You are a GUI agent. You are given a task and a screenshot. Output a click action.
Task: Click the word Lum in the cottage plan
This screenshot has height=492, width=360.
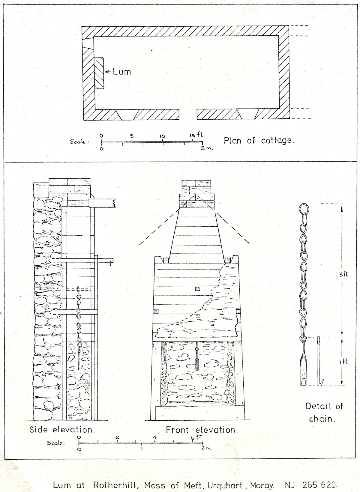coord(122,72)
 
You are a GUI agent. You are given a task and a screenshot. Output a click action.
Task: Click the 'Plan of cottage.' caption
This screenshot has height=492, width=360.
coord(259,141)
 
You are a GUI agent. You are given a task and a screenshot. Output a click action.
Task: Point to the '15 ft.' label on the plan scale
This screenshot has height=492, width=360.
coord(197,135)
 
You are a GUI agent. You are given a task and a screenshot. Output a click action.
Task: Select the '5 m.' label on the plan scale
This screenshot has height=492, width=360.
coord(207,148)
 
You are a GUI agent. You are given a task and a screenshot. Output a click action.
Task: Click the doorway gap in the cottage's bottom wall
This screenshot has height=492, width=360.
coord(188,114)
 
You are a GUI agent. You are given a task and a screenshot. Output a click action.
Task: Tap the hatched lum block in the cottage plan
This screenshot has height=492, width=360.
coord(99,73)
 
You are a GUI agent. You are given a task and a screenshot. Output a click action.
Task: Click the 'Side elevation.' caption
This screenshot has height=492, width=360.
coord(62,429)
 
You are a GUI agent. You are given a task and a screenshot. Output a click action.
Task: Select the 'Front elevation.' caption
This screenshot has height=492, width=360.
coord(202,430)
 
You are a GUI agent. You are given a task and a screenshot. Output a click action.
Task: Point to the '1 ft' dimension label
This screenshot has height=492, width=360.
coord(344,361)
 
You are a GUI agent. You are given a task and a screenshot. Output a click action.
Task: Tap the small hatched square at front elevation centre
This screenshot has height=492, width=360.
coord(197,289)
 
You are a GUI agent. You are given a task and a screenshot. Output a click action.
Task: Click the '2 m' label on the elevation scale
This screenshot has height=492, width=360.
coord(206,448)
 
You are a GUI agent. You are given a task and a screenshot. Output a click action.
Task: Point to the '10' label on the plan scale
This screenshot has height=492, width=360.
coord(162,136)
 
